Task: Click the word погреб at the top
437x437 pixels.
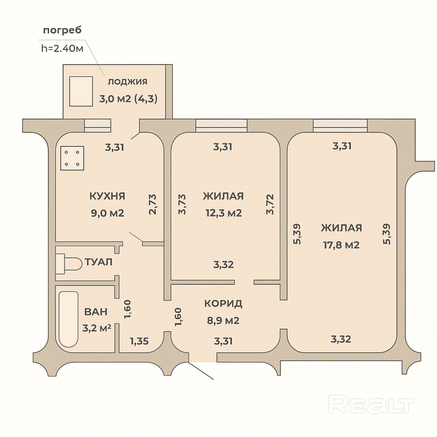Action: [x=62, y=30]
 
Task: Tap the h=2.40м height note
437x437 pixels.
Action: [x=62, y=48]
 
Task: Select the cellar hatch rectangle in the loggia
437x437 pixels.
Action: [x=81, y=91]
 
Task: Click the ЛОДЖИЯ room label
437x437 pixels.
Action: [x=128, y=81]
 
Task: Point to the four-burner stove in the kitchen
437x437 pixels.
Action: [x=72, y=158]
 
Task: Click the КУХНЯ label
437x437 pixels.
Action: [x=107, y=196]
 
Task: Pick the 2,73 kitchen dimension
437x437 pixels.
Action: [x=153, y=204]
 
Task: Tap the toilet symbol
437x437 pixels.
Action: [x=69, y=264]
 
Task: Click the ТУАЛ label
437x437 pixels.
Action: [x=99, y=262]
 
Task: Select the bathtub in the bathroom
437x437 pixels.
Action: [x=69, y=319]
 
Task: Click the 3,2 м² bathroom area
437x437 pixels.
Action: [x=97, y=328]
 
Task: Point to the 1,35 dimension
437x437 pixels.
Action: [x=139, y=341]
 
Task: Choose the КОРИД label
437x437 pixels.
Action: [x=223, y=303]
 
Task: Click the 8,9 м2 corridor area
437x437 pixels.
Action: [x=223, y=320]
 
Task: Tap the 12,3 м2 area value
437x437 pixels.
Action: [x=224, y=213]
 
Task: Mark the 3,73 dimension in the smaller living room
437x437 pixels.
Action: [x=182, y=204]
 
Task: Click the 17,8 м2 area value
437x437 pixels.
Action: [x=341, y=245]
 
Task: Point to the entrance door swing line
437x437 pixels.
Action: [x=201, y=371]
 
